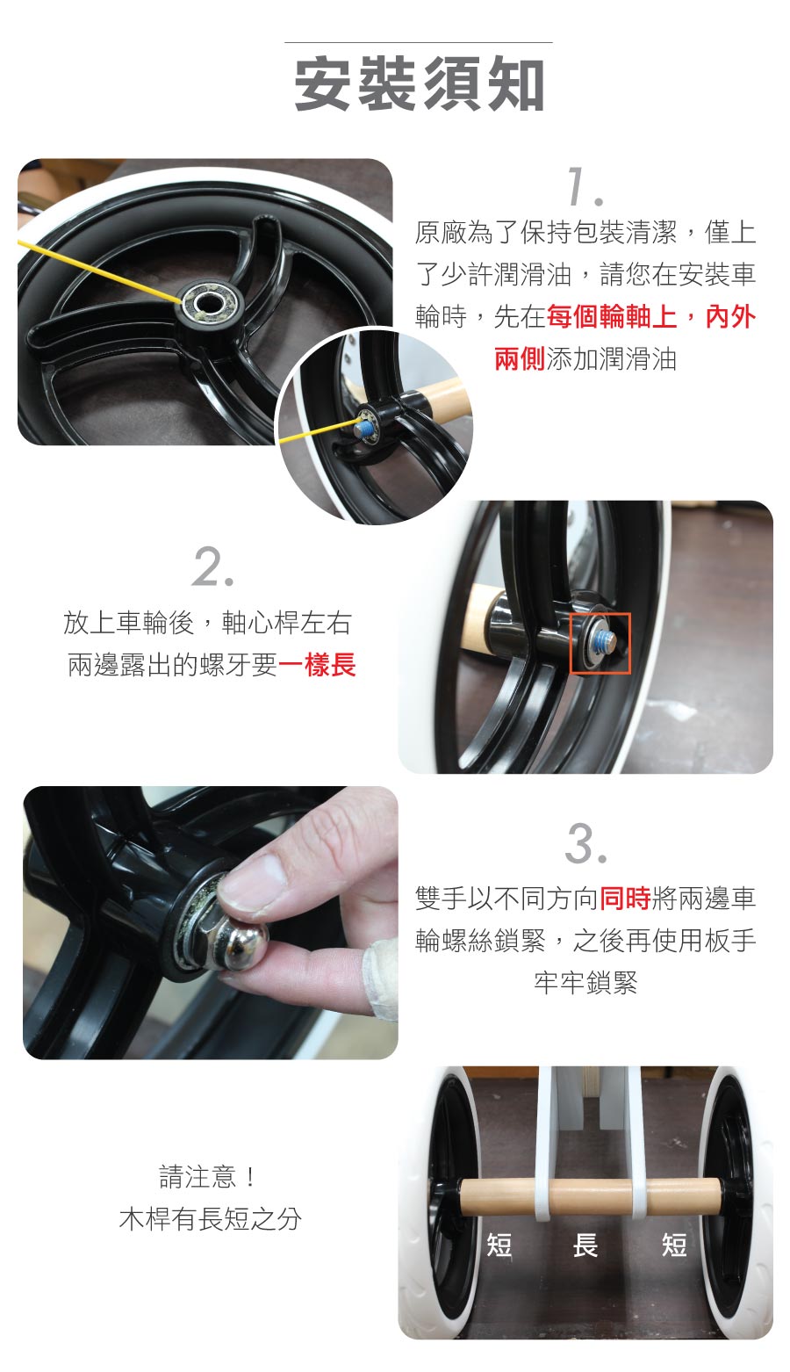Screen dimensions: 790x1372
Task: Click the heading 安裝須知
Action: click(420, 84)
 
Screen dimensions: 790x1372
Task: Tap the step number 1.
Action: click(585, 186)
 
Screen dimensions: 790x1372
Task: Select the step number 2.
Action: click(213, 567)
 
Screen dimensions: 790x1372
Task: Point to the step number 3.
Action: click(585, 844)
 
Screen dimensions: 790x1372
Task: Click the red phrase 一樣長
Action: click(317, 665)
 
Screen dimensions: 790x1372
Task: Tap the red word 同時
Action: click(625, 899)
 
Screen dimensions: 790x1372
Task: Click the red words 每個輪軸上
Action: click(611, 317)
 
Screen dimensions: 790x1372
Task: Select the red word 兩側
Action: click(520, 359)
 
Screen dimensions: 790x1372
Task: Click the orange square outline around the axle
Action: click(600, 643)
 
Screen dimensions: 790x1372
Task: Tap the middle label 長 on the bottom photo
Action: click(585, 1245)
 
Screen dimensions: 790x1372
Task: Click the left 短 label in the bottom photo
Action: click(499, 1245)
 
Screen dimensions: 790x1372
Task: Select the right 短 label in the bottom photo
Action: click(674, 1245)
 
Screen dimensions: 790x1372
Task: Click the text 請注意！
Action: click(207, 1177)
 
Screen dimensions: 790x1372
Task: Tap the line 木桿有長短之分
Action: click(211, 1218)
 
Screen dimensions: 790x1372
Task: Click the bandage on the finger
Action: click(380, 975)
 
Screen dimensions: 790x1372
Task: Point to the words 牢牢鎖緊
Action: click(585, 983)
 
